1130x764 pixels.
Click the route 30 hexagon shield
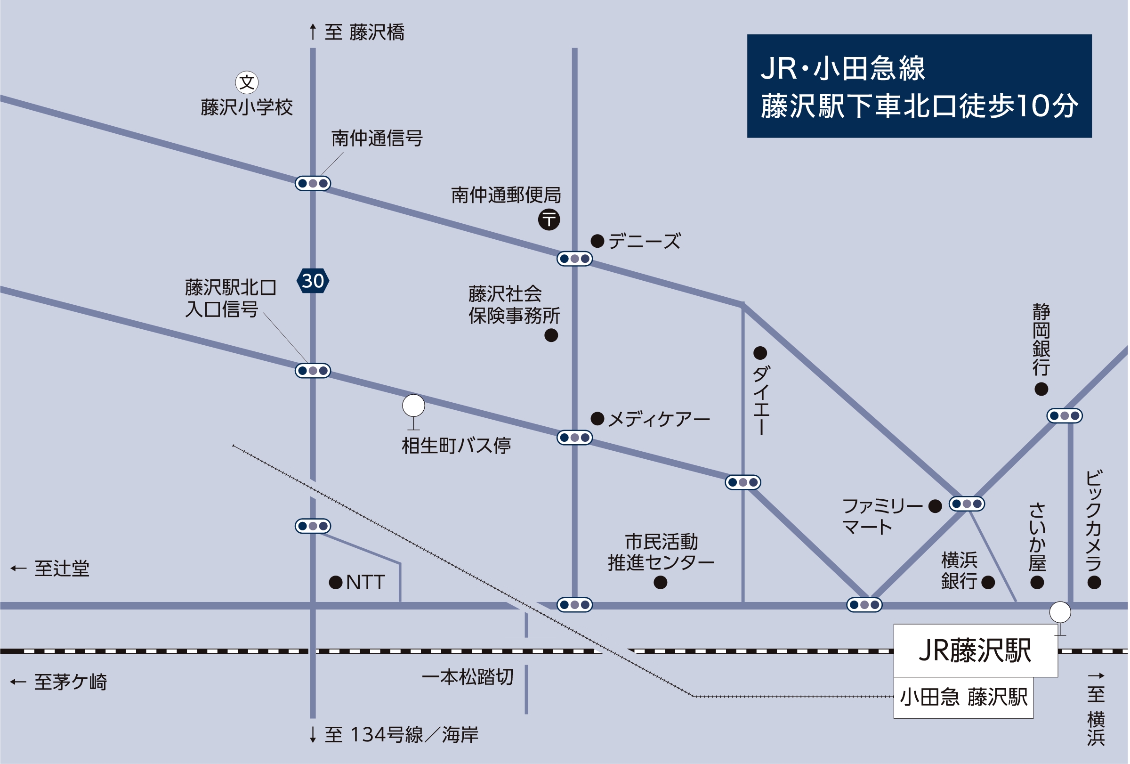(313, 281)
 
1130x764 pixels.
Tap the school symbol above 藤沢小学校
(247, 82)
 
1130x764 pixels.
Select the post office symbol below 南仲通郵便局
(549, 219)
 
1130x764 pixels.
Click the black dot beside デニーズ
(597, 241)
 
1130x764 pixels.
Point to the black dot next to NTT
(336, 582)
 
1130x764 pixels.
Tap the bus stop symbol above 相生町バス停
(413, 406)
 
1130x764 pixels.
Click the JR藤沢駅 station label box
(976, 650)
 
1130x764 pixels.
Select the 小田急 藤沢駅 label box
(963, 698)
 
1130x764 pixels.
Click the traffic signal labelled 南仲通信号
(313, 183)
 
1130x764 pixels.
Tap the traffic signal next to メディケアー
(574, 438)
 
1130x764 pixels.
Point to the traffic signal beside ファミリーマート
(967, 504)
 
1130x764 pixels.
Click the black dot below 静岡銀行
(1041, 389)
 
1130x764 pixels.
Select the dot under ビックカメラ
(1094, 582)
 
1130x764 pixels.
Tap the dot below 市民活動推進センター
(660, 582)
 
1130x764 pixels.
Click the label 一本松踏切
(467, 677)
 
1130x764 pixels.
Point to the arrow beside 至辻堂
(18, 568)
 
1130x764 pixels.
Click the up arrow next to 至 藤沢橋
(313, 32)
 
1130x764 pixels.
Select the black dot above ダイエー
(760, 353)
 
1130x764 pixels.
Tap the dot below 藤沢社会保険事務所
(551, 335)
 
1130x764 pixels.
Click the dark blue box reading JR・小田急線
(919, 86)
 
